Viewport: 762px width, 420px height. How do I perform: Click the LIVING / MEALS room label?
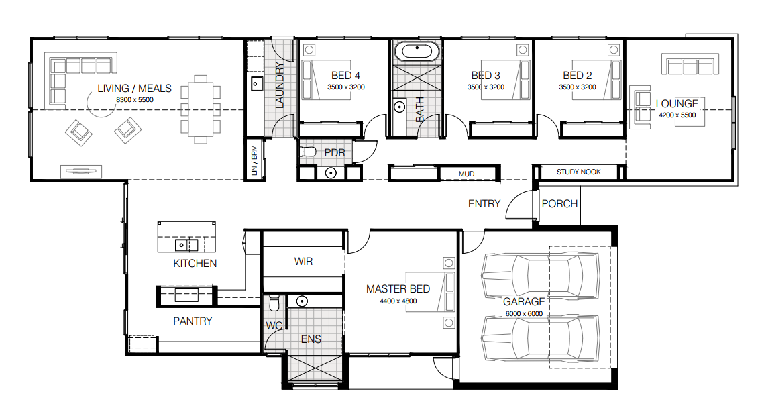(135, 89)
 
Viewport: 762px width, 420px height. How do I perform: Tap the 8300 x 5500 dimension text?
(135, 100)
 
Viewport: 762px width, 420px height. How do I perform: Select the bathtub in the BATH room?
(417, 50)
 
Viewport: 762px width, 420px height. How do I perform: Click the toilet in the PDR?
(308, 152)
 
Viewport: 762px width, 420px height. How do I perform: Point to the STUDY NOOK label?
(579, 172)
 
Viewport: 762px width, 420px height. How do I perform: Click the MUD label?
(467, 174)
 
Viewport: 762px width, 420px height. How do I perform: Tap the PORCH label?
(560, 204)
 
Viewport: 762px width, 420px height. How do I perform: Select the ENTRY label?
(484, 204)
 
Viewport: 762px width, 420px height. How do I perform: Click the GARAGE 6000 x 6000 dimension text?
(525, 313)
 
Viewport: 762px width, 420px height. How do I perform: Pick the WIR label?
(304, 262)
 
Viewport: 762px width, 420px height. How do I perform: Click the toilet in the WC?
(274, 303)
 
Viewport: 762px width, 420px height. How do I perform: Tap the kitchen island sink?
(186, 244)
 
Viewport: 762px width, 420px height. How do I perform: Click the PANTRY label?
(193, 321)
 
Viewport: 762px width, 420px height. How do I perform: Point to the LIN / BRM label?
(254, 160)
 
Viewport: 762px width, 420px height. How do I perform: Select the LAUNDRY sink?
(257, 85)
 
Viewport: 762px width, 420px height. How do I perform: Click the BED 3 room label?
(486, 76)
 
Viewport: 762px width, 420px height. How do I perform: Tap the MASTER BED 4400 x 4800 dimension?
(398, 301)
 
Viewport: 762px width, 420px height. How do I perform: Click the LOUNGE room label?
(677, 104)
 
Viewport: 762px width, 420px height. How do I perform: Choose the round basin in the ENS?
(303, 301)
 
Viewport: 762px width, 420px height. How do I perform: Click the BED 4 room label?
(346, 76)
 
